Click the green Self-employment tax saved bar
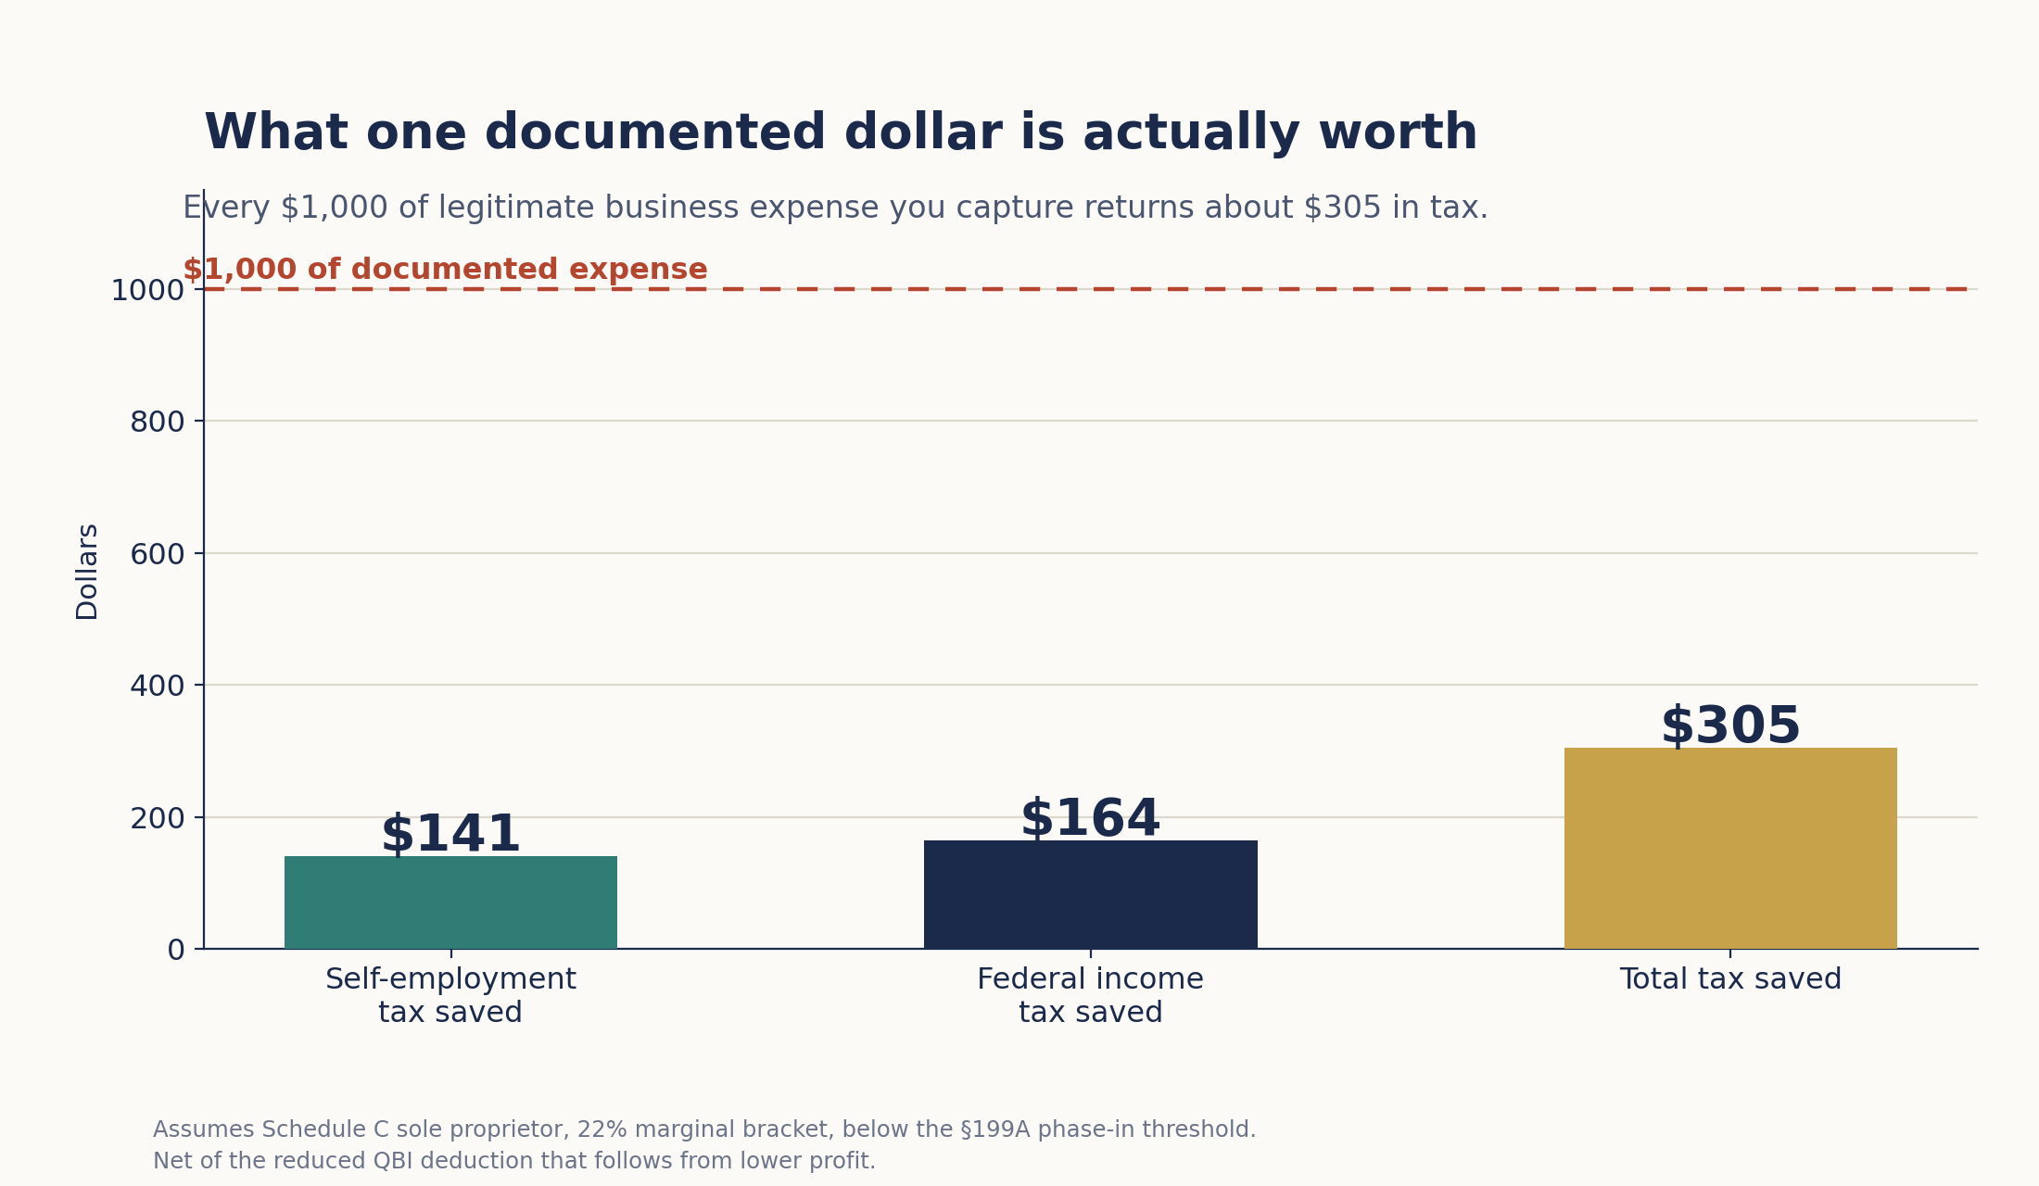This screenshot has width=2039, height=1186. pos(450,902)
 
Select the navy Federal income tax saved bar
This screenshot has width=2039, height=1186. pos(1090,894)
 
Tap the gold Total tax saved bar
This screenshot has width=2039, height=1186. pos(1730,848)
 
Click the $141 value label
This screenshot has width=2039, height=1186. pos(450,835)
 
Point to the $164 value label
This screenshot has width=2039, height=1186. pos(1090,819)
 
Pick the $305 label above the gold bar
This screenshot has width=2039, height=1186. pos(1730,726)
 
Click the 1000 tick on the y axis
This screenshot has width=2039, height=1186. pos(147,291)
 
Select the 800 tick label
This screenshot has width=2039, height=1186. pos(157,423)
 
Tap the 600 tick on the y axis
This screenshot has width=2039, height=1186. pos(157,555)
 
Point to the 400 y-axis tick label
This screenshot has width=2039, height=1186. pos(157,687)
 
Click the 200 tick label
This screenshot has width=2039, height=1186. pos(157,819)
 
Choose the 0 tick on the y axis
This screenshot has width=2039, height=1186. pos(176,951)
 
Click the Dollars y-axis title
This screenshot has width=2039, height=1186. pos(87,572)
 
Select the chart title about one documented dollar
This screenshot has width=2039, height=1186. pos(841,132)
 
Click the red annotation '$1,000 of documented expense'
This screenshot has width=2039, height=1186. pos(445,270)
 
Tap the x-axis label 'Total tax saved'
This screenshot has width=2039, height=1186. pos(1730,979)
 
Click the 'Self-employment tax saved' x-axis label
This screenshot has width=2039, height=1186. pos(450,996)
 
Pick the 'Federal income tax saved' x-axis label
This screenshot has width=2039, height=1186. pos(1090,996)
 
